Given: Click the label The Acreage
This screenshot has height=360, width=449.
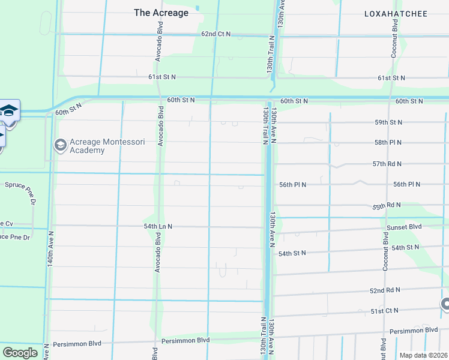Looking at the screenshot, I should (161, 13).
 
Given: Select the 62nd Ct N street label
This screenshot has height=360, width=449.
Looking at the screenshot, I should (215, 34).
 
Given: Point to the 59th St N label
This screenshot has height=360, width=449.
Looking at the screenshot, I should (388, 122).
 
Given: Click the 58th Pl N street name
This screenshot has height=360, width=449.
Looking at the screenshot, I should (388, 143).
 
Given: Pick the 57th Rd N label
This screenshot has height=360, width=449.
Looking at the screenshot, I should (387, 164).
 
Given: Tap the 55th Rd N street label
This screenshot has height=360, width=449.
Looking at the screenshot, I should (387, 206).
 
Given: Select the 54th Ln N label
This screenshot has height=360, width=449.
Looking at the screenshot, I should (158, 226).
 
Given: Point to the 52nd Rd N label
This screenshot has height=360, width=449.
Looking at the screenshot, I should (385, 290).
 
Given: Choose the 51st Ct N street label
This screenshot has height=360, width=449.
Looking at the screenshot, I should (385, 311).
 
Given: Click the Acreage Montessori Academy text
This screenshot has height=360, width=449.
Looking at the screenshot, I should (87, 146).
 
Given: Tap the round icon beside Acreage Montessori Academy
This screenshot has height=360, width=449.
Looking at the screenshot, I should (60, 145).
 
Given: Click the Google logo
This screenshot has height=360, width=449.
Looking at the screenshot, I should (20, 353).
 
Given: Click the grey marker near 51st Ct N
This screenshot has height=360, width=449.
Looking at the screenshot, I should (445, 305).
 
